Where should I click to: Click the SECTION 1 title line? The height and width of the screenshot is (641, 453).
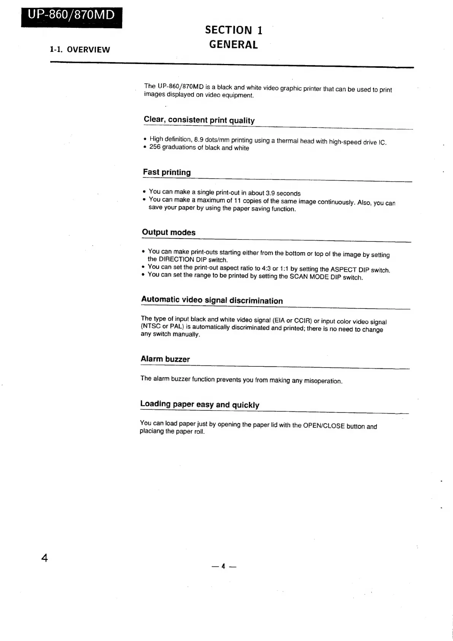[234, 30]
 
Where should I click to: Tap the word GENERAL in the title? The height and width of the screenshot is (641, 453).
[234, 45]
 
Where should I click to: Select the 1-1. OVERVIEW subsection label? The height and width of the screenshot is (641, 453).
[80, 50]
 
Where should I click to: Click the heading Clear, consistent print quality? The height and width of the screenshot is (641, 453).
[199, 120]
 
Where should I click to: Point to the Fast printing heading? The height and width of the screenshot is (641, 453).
[167, 172]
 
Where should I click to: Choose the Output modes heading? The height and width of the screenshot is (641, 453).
[168, 232]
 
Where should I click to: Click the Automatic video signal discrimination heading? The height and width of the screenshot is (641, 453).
[212, 300]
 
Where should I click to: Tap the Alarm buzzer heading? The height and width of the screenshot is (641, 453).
[165, 359]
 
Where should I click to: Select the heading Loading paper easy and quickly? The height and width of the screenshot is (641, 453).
[200, 404]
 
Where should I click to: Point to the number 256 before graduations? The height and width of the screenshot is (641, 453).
[155, 147]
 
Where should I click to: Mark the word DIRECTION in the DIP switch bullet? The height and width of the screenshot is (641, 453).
[175, 259]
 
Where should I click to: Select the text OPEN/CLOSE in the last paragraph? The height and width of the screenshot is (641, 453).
[324, 426]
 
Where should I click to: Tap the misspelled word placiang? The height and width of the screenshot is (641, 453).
[151, 431]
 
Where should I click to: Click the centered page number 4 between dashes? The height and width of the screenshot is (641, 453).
[224, 566]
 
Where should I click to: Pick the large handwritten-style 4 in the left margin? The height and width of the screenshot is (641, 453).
[45, 558]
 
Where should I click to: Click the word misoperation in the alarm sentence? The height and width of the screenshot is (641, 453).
[323, 381]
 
